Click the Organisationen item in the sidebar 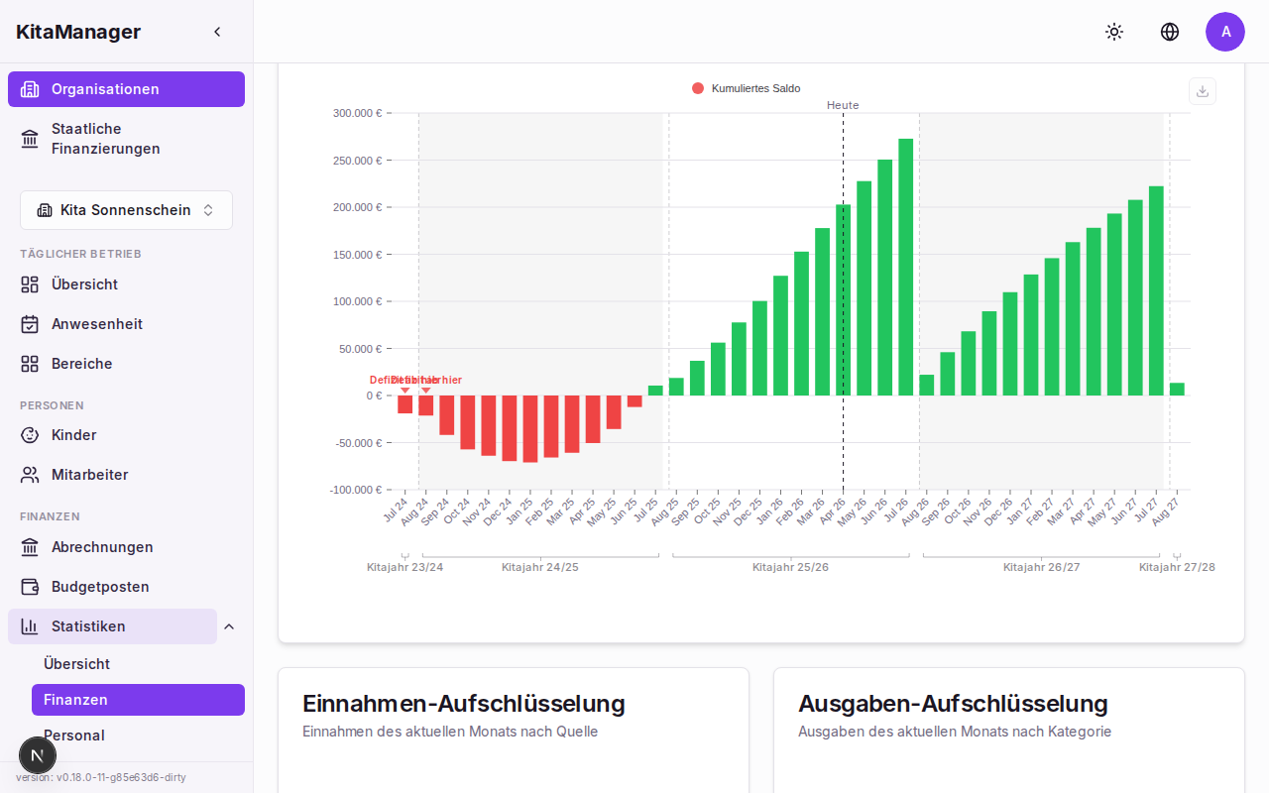coord(126,89)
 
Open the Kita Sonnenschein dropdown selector coord(126,210)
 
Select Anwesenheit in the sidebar coord(97,324)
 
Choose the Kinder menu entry coord(73,435)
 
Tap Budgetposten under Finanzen coord(100,587)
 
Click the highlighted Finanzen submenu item coord(138,700)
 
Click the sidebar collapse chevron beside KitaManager coord(217,32)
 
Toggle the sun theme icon coord(1114,32)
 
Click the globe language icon coord(1170,32)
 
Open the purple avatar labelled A coord(1225,32)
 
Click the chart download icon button coord(1203,91)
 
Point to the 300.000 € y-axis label coord(357,113)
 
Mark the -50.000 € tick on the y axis coord(357,443)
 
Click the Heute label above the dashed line coord(843,105)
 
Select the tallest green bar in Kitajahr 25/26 coord(905,267)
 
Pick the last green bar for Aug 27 coord(1177,389)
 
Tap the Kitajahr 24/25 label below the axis coord(539,567)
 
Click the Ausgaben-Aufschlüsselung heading coord(953,704)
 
